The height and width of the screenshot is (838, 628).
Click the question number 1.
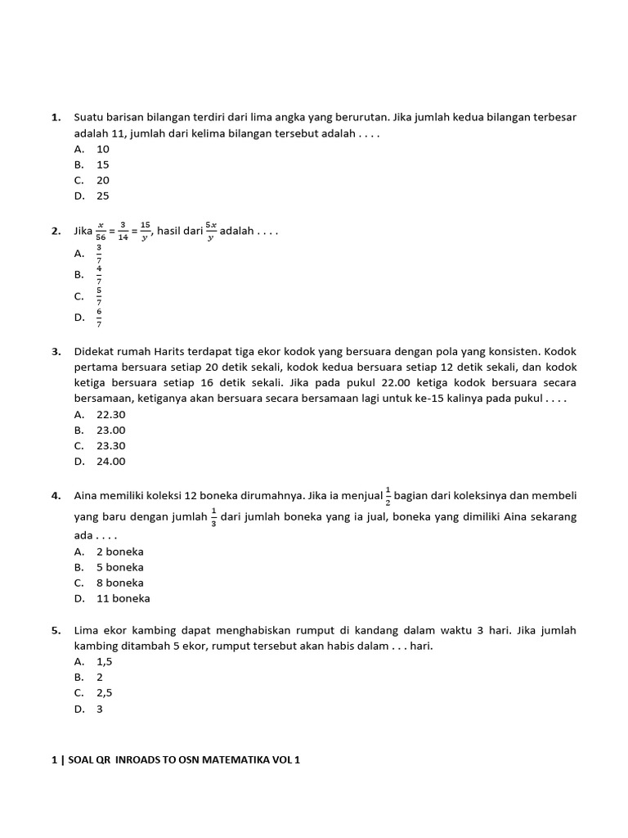56,118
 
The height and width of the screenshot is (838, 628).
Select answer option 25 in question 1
103,196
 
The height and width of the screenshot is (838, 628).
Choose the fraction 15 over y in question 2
145,232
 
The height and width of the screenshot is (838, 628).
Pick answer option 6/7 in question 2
99,318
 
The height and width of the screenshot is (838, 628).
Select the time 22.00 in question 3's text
388,383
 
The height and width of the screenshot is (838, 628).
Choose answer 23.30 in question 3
111,446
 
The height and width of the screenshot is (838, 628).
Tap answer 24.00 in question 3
111,462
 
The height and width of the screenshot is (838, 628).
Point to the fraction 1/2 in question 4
388,496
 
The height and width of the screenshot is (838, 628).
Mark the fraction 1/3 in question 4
213,518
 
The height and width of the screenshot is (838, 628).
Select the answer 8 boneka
120,583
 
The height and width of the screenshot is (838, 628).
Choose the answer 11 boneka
123,598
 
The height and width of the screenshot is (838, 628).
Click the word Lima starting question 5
87,630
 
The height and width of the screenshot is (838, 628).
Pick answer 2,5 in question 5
105,693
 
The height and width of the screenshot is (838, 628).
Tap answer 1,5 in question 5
105,661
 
